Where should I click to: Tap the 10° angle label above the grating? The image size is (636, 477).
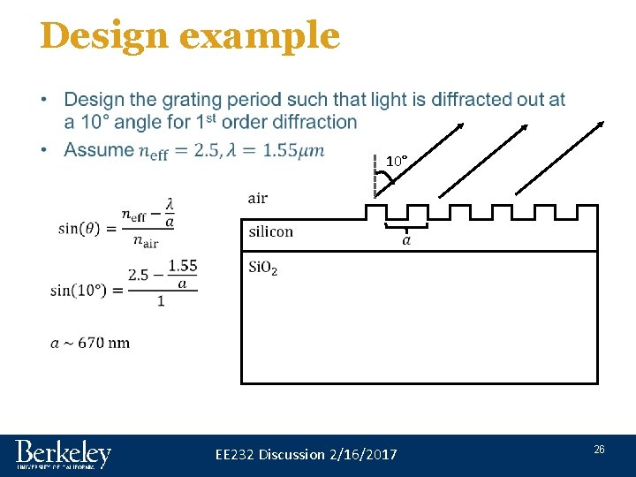coord(396,162)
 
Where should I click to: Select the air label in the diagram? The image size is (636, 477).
coord(258,198)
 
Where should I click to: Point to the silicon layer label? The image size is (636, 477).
coord(270,231)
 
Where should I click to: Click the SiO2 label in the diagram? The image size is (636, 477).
coord(263,268)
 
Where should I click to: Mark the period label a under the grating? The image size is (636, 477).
coord(406,239)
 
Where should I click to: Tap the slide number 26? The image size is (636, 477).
coord(599,450)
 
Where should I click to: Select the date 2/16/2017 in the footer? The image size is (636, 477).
coord(362,454)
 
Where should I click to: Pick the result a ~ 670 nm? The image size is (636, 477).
coord(90,343)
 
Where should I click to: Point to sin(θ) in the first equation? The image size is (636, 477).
coord(85,228)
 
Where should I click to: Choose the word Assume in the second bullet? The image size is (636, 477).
coord(100,150)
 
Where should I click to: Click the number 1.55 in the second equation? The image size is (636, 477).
coord(182,265)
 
